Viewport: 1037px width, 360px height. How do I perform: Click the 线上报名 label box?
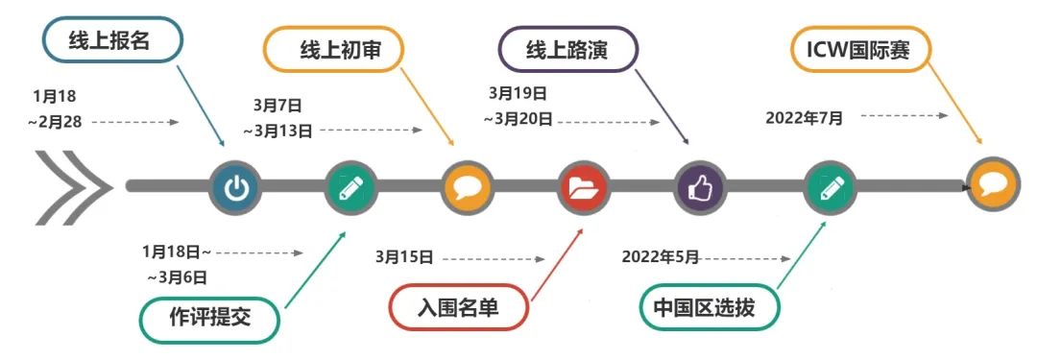tap(110, 42)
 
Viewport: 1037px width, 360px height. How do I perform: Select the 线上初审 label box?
tap(333, 51)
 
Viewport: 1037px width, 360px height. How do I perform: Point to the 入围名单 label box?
tap(459, 309)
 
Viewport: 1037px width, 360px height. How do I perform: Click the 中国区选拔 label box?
tap(710, 309)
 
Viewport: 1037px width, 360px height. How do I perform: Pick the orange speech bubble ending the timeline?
tap(992, 184)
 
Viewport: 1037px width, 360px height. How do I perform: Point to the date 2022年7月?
tap(805, 118)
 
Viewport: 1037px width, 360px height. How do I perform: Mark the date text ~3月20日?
tap(518, 119)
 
